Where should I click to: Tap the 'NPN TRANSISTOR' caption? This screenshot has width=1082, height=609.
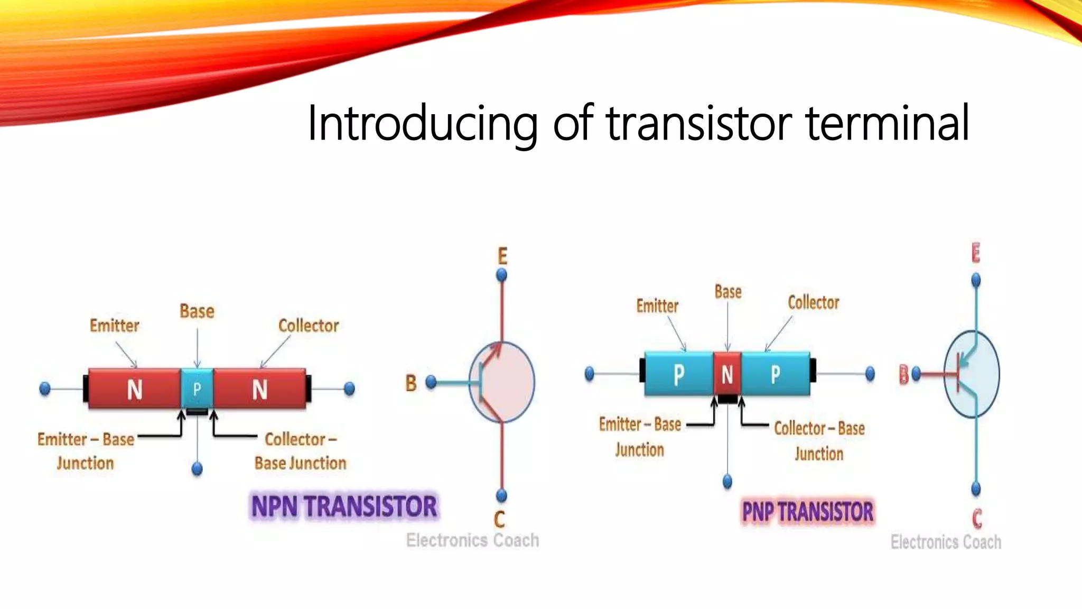tap(344, 506)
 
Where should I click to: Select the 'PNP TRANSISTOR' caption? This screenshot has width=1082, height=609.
tap(808, 512)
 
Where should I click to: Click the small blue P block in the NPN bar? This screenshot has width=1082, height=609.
tap(197, 389)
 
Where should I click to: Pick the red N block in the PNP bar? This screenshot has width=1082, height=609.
tap(727, 374)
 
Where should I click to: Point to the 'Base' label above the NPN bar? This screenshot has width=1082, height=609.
tap(197, 311)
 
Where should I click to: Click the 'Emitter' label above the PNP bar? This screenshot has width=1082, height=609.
tap(657, 306)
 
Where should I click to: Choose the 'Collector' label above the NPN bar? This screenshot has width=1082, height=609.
tap(309, 326)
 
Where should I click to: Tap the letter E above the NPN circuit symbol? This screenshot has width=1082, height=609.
tap(502, 256)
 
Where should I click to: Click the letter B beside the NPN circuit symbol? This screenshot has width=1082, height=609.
tap(411, 383)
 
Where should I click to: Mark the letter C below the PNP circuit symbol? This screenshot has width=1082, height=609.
tap(977, 519)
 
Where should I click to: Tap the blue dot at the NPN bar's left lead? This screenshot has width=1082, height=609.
tap(45, 389)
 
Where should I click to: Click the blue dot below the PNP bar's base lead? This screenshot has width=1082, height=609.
tap(727, 481)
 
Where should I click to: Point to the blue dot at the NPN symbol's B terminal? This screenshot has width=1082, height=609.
tap(431, 382)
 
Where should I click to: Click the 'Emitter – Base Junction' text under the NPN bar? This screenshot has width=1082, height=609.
tap(86, 451)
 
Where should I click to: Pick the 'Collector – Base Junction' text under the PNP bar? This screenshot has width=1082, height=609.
tap(819, 441)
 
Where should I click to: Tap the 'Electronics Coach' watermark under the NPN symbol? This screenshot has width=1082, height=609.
tap(472, 540)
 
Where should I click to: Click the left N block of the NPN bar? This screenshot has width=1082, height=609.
tap(135, 390)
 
